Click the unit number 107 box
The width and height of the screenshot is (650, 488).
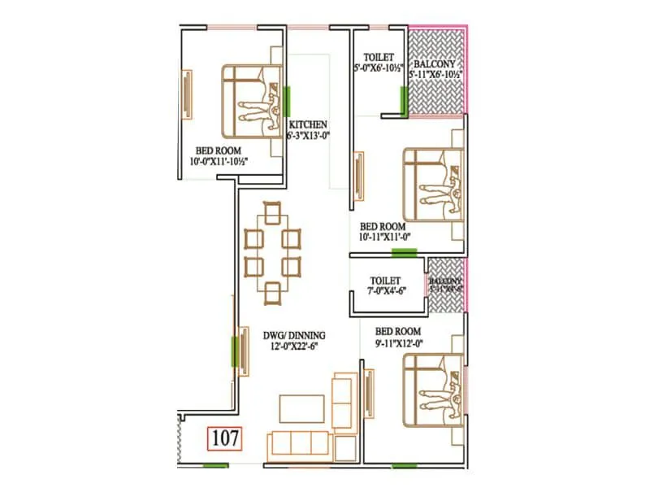pyautogui.click(x=225, y=438)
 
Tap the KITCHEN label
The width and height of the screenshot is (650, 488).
pyautogui.click(x=308, y=124)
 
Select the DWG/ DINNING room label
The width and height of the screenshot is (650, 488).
pyautogui.click(x=294, y=334)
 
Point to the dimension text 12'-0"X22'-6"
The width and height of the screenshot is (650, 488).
pyautogui.click(x=294, y=346)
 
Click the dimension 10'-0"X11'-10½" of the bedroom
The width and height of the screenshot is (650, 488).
pyautogui.click(x=213, y=161)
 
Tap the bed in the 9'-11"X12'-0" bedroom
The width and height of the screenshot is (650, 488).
pyautogui.click(x=434, y=389)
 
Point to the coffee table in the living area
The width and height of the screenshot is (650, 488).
pyautogui.click(x=301, y=406)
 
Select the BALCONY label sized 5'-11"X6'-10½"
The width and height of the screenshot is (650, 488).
pyautogui.click(x=435, y=63)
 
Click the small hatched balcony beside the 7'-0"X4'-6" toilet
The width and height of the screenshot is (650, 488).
pyautogui.click(x=444, y=285)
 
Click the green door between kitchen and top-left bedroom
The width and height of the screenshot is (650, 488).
pyautogui.click(x=288, y=101)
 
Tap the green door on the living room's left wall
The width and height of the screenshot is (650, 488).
pyautogui.click(x=236, y=351)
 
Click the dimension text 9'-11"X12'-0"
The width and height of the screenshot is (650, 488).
pyautogui.click(x=398, y=343)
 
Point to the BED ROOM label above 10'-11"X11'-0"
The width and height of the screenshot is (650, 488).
pyautogui.click(x=382, y=226)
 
